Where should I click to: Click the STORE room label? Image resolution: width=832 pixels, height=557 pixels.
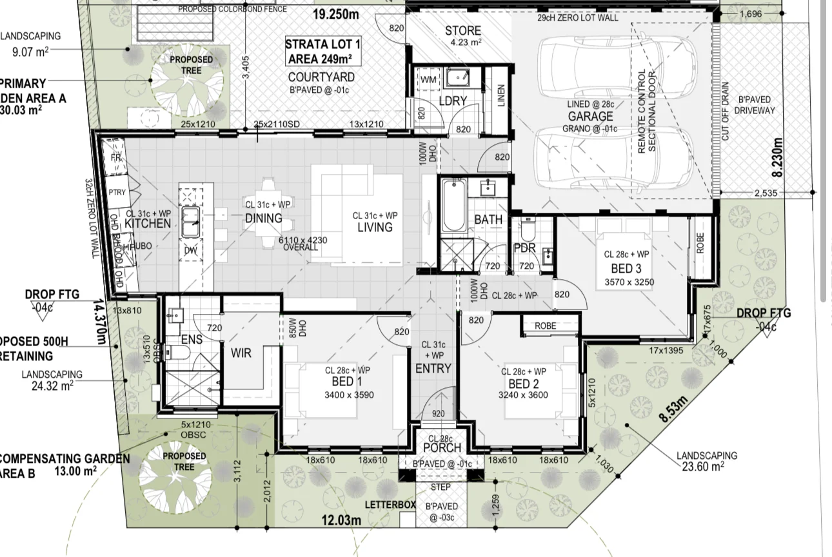[x=462, y=30]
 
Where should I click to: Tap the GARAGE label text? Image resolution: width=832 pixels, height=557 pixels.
[x=590, y=116]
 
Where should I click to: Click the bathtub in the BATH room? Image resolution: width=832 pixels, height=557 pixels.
[x=453, y=206]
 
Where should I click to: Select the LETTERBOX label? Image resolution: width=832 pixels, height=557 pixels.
[x=390, y=504]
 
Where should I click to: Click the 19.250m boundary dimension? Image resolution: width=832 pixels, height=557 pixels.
[x=336, y=14]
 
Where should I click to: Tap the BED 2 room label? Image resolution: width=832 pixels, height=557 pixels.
[x=522, y=383]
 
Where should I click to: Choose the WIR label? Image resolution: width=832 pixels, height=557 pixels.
[x=241, y=353]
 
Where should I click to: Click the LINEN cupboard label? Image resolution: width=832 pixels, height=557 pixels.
[x=501, y=97]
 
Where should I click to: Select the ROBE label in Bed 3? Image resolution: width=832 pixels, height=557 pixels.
[x=700, y=242]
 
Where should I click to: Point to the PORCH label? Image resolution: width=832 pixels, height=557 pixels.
[x=442, y=447]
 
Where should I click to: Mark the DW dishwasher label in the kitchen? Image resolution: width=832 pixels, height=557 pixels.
[x=190, y=251]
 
